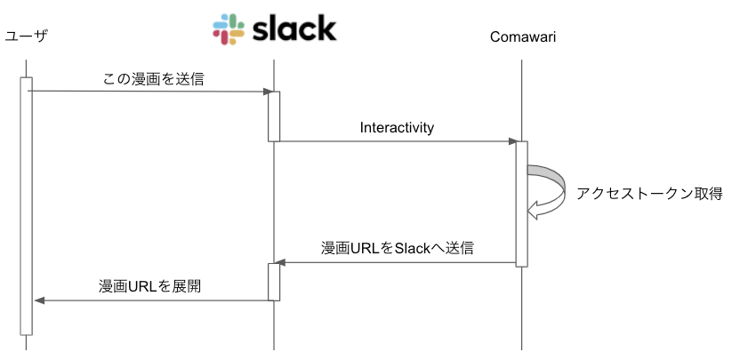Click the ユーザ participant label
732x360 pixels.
coord(26,36)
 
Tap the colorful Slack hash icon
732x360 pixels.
coord(229,29)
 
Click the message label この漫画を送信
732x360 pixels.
coord(153,79)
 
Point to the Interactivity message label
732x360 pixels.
coord(397,127)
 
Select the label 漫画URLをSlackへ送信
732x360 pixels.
coord(397,248)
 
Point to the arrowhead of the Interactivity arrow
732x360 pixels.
coord(512,141)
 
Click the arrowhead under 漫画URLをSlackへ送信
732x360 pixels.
coord(280,263)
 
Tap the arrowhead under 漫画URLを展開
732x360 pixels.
coord(39,300)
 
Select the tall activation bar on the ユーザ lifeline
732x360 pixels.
coord(27,204)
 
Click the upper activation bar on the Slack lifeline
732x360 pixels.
coord(274,116)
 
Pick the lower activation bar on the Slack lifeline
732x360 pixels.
coord(274,282)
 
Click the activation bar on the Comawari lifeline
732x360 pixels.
coord(522,203)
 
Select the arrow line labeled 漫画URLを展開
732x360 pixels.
coord(151,300)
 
